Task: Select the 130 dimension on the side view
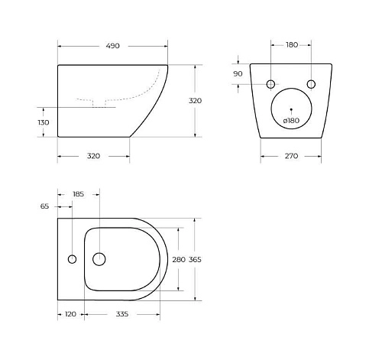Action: pos(43,122)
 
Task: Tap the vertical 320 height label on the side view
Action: pos(216,101)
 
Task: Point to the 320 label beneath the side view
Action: pos(93,156)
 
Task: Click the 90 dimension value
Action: pos(238,73)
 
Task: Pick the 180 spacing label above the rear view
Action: pos(291,45)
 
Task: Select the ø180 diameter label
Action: pos(290,121)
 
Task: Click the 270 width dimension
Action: pos(290,156)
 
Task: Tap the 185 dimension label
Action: pos(78,194)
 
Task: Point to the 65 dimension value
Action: pos(44,206)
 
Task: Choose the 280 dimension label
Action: pos(178,259)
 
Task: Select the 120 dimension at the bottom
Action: pos(71,314)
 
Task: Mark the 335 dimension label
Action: pos(121,314)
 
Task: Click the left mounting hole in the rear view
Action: pos(270,83)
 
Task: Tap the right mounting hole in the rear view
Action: pos(311,83)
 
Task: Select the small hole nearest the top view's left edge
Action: pos(72,259)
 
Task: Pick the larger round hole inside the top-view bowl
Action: pos(99,259)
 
